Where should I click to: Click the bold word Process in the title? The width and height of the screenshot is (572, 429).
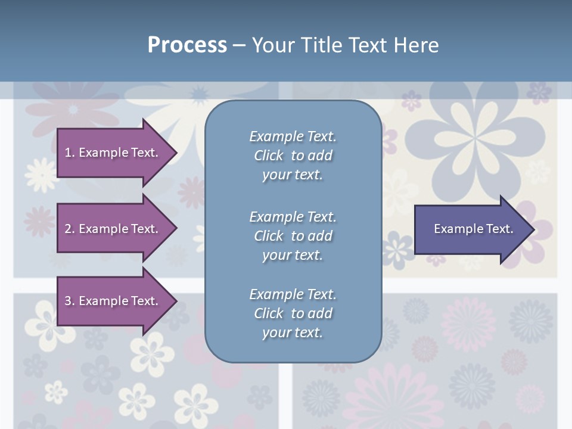click(187, 45)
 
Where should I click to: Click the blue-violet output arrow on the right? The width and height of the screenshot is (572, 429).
click(471, 229)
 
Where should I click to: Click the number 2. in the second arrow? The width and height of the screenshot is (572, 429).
click(70, 229)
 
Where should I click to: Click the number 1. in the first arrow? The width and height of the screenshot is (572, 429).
click(70, 153)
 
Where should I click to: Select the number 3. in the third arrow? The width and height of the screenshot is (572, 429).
click(70, 301)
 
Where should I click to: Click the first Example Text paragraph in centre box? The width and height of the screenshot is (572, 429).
click(293, 156)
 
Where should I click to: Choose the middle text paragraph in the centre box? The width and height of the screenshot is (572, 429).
click(293, 236)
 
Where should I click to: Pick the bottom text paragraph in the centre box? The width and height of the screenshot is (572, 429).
click(293, 313)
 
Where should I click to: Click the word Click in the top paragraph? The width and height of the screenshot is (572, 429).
click(268, 156)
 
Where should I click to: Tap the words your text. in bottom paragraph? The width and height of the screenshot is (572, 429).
click(293, 332)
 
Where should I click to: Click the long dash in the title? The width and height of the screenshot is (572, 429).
click(239, 45)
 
